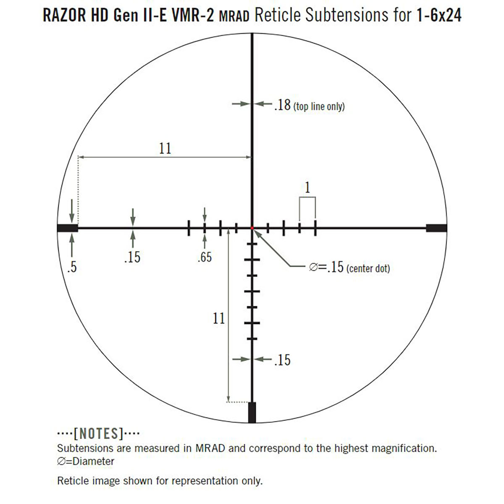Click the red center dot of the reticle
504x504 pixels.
click(x=252, y=228)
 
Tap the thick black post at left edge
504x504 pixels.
click(x=67, y=228)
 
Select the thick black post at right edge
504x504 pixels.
click(x=436, y=228)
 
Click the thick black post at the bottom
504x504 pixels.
click(x=252, y=412)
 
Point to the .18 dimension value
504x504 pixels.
click(x=282, y=105)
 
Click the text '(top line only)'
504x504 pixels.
click(x=319, y=106)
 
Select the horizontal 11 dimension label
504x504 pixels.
click(x=165, y=148)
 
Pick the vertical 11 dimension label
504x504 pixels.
click(x=218, y=318)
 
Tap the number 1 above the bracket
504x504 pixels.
click(x=307, y=187)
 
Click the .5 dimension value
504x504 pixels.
click(x=72, y=267)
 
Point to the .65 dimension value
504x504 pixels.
click(x=205, y=257)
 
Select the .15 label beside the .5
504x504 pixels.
click(x=132, y=257)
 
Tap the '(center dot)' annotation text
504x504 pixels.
click(x=368, y=268)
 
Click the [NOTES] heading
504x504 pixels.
click(x=98, y=433)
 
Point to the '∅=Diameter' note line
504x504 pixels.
click(x=86, y=461)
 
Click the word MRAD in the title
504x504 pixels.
click(x=234, y=17)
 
